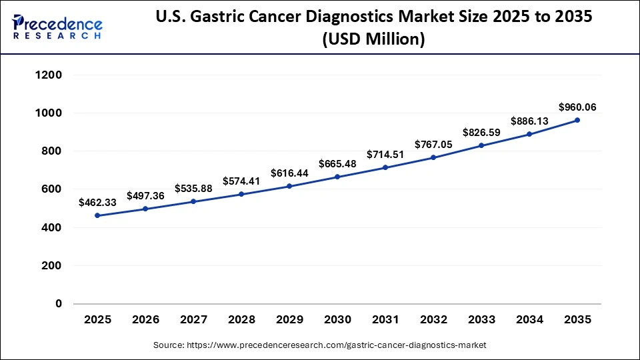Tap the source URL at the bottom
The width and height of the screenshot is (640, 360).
pyautogui.click(x=320, y=345)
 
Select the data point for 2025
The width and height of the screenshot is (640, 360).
pyautogui.click(x=97, y=215)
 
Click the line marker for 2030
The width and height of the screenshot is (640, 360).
pyautogui.click(x=337, y=177)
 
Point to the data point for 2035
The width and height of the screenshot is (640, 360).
pyautogui.click(x=577, y=120)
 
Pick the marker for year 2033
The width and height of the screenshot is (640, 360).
pyautogui.click(x=481, y=145)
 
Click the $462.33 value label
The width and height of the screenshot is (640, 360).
pyautogui.click(x=97, y=201)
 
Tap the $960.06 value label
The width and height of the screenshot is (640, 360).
pyautogui.click(x=577, y=106)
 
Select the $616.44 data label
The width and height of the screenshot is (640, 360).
pyautogui.click(x=289, y=173)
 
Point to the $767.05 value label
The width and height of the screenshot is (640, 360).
pyautogui.click(x=433, y=144)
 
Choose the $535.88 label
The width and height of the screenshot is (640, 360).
pyautogui.click(x=193, y=188)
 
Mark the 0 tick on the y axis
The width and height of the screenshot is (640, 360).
pyautogui.click(x=58, y=304)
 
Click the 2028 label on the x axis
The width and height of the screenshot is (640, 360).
pyautogui.click(x=241, y=320)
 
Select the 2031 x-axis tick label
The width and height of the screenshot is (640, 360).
pyautogui.click(x=385, y=320)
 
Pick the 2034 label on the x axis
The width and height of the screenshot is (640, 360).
pyautogui.click(x=529, y=320)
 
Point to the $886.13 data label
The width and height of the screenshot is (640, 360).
pyautogui.click(x=529, y=121)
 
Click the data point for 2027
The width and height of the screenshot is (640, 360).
pyautogui.click(x=193, y=201)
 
